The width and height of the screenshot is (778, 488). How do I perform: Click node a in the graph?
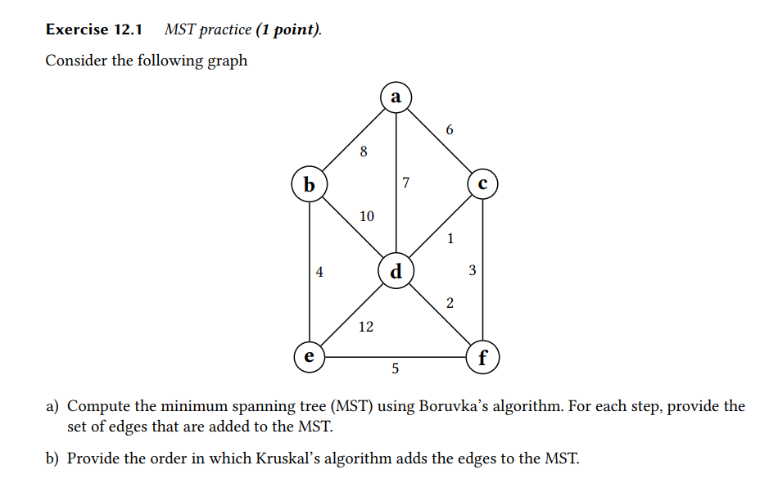396,97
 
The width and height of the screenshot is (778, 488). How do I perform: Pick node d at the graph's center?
396,270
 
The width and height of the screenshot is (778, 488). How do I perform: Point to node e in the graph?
309,357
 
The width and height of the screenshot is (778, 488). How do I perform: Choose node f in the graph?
482,358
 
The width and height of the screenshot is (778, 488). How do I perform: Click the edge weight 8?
364,151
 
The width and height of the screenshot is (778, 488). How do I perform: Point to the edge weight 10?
366,216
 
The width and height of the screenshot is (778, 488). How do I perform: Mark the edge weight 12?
365,328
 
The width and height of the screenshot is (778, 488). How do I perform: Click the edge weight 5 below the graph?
396,369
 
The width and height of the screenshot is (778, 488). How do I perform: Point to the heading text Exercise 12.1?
94,30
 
